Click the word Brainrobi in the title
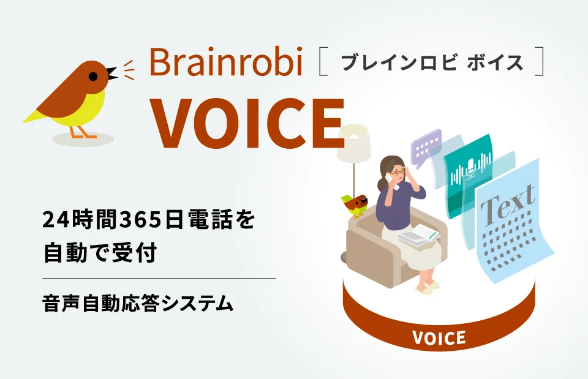pyautogui.click(x=226, y=62)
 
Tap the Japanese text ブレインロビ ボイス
pyautogui.click(x=432, y=63)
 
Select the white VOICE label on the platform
pyautogui.click(x=439, y=337)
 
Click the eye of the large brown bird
pyautogui.click(x=93, y=76)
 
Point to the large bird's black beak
pyautogui.click(x=111, y=73)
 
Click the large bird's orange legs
pyautogui.click(x=78, y=131)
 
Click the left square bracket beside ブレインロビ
pyautogui.click(x=323, y=64)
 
